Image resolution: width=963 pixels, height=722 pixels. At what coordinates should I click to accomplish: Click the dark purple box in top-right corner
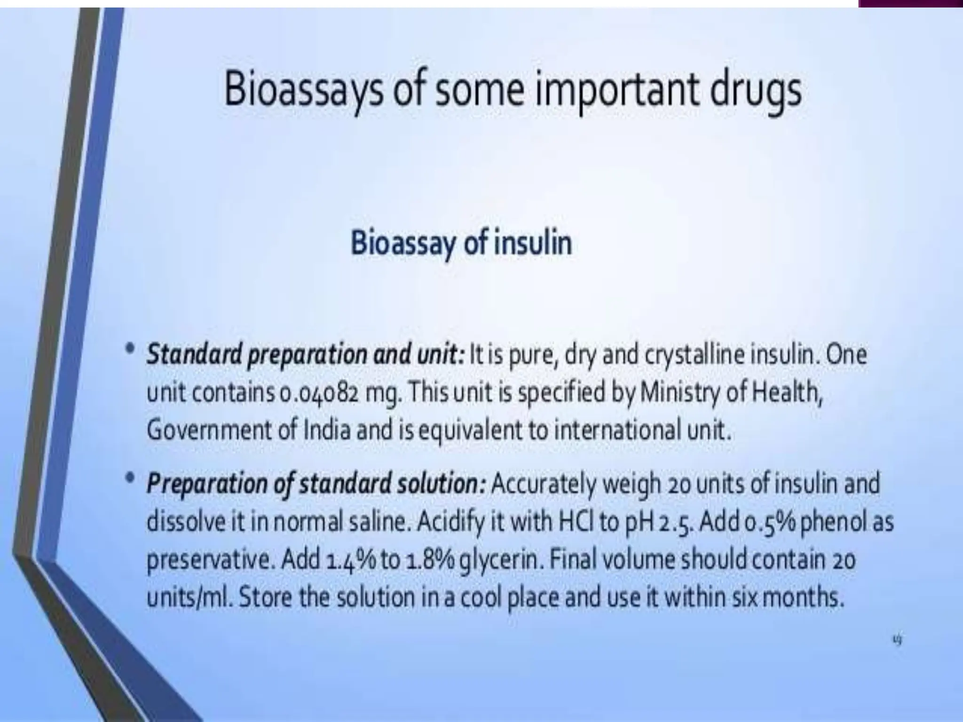(x=910, y=3)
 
